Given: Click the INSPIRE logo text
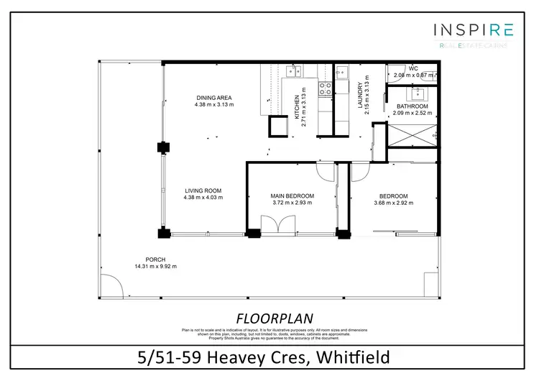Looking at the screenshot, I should (x=473, y=29).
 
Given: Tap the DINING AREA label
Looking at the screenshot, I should (x=213, y=98).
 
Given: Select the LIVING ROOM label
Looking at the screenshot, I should (x=203, y=190).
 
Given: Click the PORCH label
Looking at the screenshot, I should (x=155, y=260).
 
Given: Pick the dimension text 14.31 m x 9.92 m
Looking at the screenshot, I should (x=155, y=267).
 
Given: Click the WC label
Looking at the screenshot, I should (x=413, y=69).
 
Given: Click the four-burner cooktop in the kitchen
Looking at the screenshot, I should (x=325, y=89).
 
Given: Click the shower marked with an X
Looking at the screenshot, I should (x=412, y=134).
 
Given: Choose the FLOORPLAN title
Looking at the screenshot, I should (x=269, y=317).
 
